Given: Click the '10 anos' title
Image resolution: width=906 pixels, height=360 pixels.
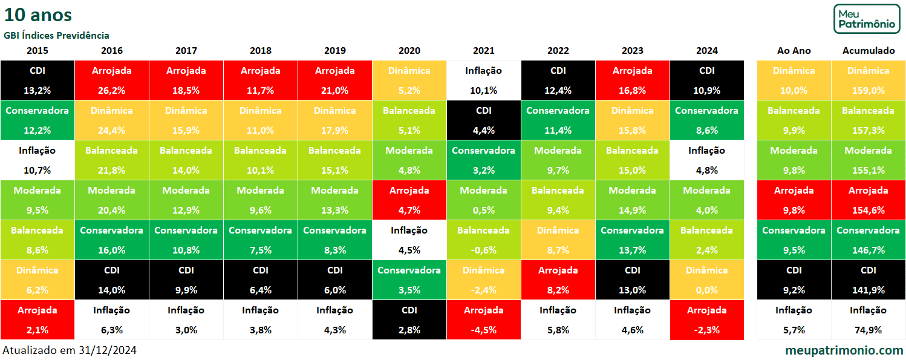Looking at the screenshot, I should point(37,15).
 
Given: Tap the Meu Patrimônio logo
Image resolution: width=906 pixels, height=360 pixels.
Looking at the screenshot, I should point(867,19).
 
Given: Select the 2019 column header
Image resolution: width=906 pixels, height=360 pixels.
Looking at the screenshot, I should point(335,51).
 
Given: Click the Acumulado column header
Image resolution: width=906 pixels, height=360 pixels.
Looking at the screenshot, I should point(868,51).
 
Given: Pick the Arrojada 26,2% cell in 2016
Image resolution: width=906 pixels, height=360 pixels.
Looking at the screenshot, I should point(111,80).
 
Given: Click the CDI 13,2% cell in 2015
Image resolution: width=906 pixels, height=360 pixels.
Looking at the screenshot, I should point(37,80).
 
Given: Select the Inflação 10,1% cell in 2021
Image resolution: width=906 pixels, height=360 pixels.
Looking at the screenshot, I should point(483,80).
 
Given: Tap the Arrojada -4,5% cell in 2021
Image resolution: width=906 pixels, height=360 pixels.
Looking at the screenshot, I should point(483,319).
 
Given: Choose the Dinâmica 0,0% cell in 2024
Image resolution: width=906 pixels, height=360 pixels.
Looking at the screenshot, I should point(706,280).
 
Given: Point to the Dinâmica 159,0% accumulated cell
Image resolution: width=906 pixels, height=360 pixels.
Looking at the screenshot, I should point(868,80).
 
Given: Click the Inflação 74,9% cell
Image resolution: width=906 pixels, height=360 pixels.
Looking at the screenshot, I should point(868,319).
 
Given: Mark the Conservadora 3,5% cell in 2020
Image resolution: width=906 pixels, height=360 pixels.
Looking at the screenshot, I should point(409,280).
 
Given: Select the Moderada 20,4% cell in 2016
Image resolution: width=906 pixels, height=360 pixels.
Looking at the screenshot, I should point(111,200).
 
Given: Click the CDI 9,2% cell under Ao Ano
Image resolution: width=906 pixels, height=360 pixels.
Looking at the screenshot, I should point(794,280).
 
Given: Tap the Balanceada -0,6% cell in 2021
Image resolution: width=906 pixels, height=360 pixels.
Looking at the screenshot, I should point(483,240).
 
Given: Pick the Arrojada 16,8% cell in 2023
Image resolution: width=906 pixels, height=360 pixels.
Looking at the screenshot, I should point(632,80).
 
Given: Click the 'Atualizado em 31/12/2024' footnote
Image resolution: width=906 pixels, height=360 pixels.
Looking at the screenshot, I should point(70,350).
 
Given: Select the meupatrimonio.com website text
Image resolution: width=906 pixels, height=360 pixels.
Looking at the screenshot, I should point(844,350).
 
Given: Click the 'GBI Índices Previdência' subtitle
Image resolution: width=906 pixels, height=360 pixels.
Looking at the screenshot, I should point(56,36).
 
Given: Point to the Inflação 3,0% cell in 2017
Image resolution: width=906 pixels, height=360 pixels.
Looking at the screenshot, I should point(186,319).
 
